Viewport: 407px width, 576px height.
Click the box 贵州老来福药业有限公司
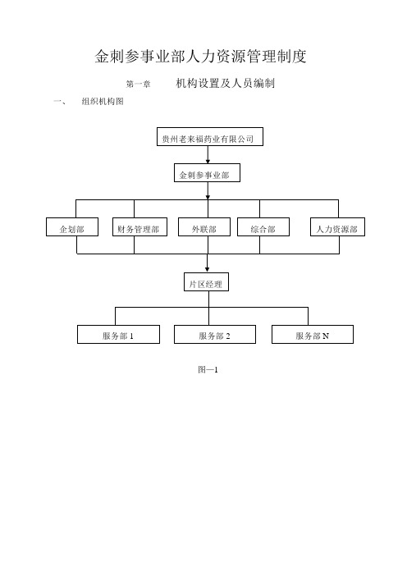(x=210, y=137)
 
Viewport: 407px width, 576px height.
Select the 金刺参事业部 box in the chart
(x=207, y=172)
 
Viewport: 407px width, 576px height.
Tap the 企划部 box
(x=72, y=227)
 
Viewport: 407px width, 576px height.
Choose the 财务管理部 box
(x=139, y=227)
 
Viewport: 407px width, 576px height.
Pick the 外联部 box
(x=204, y=227)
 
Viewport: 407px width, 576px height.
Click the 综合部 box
(x=263, y=227)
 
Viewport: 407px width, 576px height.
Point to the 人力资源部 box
(x=337, y=227)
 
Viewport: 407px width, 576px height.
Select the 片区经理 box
(x=206, y=282)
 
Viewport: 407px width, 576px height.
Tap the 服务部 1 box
(x=118, y=334)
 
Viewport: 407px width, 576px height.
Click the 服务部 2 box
(x=215, y=334)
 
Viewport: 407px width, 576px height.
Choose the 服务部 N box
(x=313, y=334)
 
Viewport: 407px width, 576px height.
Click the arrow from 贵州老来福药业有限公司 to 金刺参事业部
(x=208, y=154)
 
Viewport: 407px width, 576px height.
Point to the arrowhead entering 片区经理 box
(x=207, y=270)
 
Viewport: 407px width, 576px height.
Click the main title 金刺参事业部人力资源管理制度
(x=200, y=57)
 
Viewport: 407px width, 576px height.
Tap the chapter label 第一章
(x=138, y=85)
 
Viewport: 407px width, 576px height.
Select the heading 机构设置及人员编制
(x=225, y=84)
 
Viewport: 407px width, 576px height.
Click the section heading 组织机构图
(x=103, y=102)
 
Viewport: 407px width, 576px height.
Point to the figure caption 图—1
(x=208, y=369)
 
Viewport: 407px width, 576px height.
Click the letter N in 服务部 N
(x=326, y=336)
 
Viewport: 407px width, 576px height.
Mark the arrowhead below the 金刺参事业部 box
(x=208, y=197)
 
